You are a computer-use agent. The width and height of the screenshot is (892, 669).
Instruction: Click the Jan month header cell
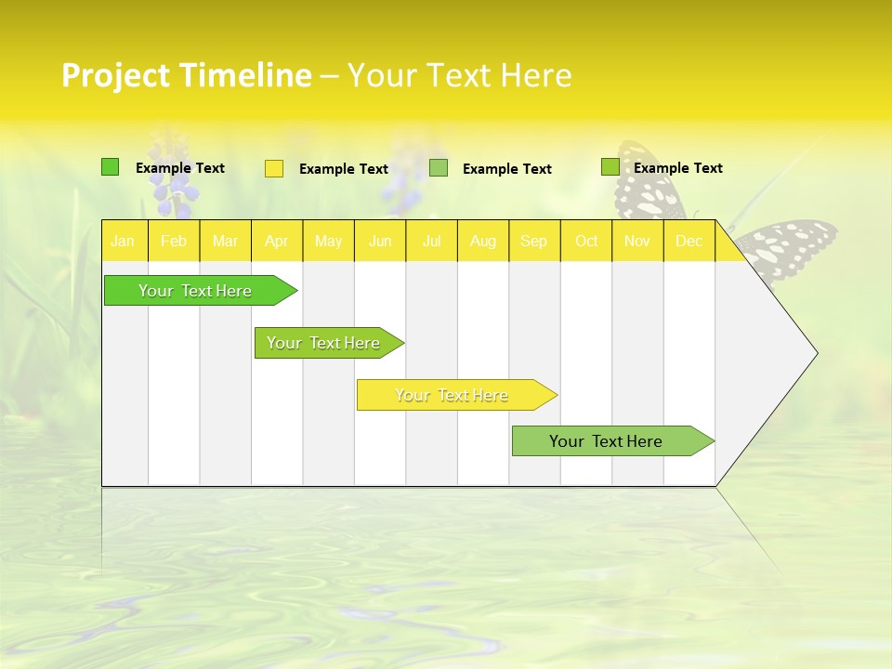[124, 241]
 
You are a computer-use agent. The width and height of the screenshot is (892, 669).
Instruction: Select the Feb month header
[174, 241]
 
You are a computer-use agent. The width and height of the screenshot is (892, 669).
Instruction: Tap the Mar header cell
[225, 241]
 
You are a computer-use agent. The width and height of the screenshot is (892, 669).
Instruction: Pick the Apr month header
[277, 241]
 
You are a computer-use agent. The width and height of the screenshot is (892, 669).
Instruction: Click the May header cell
[328, 241]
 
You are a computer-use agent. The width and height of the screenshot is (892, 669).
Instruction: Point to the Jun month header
[380, 241]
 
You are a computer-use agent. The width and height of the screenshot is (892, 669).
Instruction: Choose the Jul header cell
[431, 241]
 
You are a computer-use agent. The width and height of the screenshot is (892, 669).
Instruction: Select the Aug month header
[483, 241]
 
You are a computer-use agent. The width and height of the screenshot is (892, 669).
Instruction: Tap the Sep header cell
[534, 241]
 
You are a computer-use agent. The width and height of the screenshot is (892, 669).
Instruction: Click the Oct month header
[586, 241]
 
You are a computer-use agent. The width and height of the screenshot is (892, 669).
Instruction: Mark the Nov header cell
[637, 241]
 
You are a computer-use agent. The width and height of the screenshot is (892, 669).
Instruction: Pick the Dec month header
[689, 241]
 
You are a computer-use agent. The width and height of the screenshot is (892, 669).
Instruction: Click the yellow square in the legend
[274, 168]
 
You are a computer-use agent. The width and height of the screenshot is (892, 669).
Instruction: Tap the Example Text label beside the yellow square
[344, 169]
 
